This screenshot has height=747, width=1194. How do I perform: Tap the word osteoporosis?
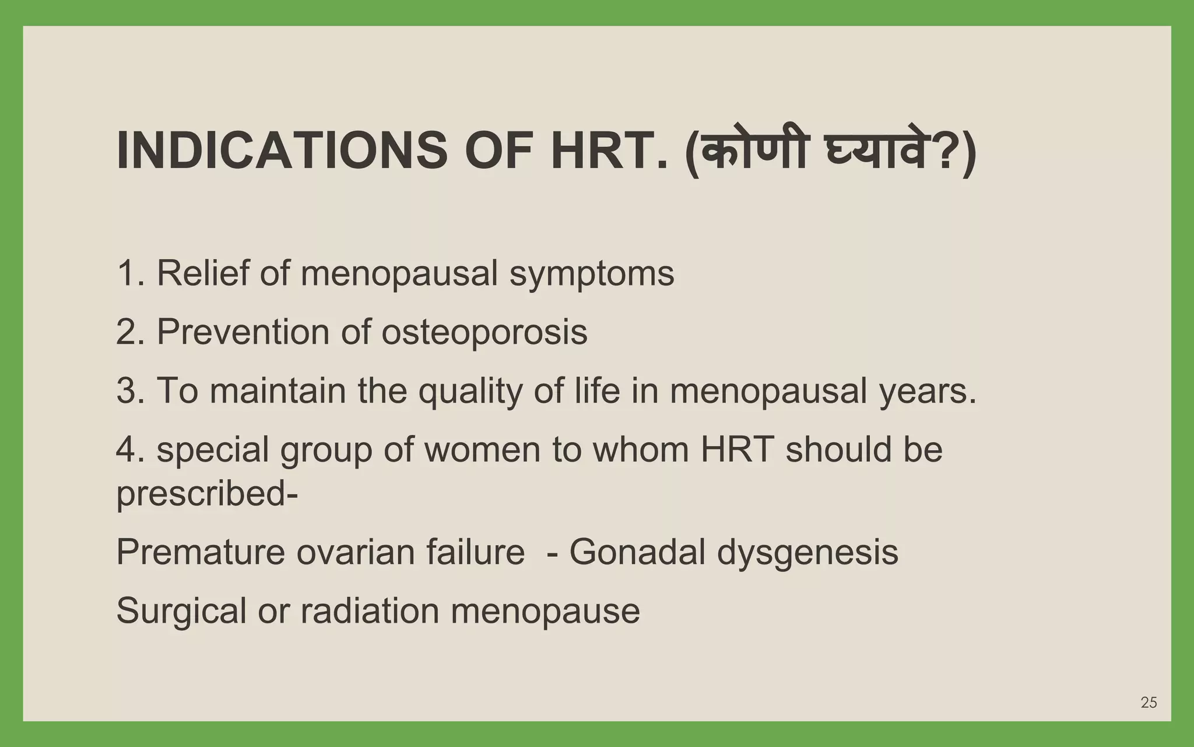click(484, 333)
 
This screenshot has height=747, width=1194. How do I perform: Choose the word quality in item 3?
click(470, 392)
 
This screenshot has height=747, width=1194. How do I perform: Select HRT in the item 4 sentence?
click(737, 449)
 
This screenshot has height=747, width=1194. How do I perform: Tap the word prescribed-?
click(207, 494)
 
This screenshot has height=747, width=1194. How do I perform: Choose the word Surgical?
click(181, 611)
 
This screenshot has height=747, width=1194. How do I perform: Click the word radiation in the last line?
click(369, 611)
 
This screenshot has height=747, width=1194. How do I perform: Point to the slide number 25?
click(1149, 703)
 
